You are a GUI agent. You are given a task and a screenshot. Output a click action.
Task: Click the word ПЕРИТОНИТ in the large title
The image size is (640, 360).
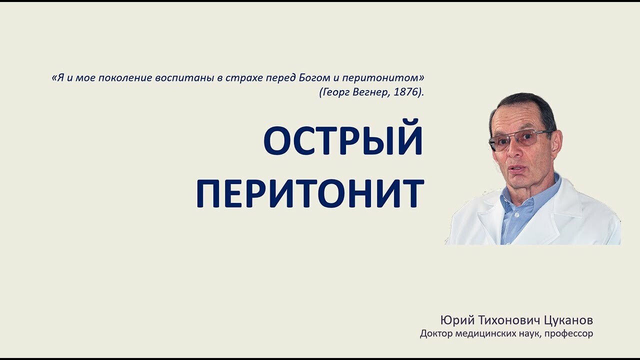(x=310, y=193)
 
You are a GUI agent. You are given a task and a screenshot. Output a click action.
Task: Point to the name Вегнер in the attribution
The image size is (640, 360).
(x=370, y=92)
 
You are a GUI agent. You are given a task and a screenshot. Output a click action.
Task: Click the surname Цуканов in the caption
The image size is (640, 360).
(x=568, y=320)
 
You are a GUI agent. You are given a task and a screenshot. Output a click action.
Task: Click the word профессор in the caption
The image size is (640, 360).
(x=568, y=333)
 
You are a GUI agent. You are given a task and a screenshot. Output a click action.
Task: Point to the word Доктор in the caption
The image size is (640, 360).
(x=435, y=333)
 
